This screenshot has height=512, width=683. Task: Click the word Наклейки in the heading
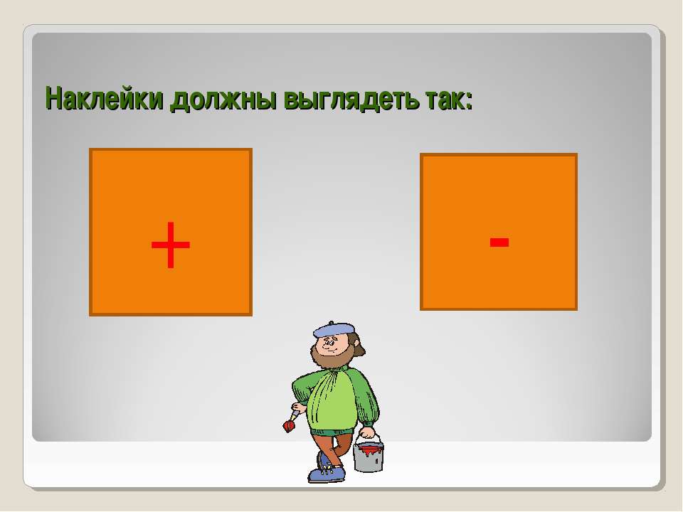pyautogui.click(x=105, y=98)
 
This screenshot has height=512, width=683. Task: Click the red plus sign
pyautogui.click(x=170, y=245)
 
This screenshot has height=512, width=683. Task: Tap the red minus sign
pyautogui.click(x=499, y=242)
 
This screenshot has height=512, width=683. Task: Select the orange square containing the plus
pyautogui.click(x=171, y=232)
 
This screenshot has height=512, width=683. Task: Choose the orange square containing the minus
pyautogui.click(x=499, y=232)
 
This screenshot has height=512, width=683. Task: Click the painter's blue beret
pyautogui.click(x=334, y=329)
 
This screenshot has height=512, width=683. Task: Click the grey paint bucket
pyautogui.click(x=369, y=456)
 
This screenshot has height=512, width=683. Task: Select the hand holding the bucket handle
pyautogui.click(x=368, y=433)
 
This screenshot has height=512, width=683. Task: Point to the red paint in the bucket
pyautogui.click(x=369, y=449)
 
